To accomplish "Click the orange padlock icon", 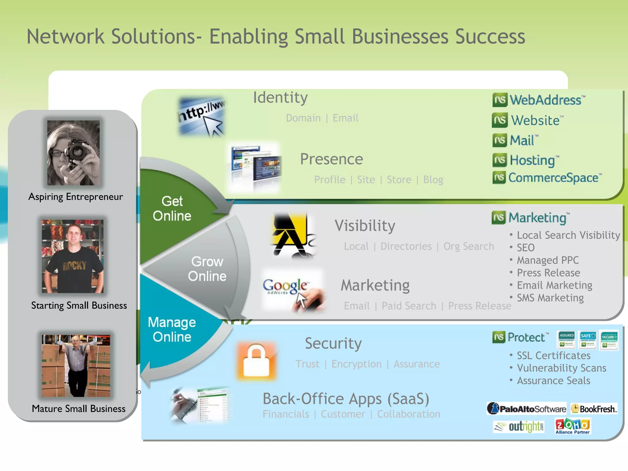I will point(256,361).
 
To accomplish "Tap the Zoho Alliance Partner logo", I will point(572,426).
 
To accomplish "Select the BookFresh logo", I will point(594,409).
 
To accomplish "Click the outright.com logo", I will point(519,427).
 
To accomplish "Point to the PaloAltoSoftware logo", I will point(527,408).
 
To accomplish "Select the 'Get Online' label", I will point(172,209).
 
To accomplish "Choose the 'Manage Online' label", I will point(172,330).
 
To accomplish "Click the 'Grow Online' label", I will point(207,269).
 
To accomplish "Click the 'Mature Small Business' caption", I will point(78,409).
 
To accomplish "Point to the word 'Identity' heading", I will point(280,98).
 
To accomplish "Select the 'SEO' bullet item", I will point(526,248).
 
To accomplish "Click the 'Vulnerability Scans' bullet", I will point(561,368).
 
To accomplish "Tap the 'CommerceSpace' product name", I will point(553,178).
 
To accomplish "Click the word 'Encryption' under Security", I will point(356,364).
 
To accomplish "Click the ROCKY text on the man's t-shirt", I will point(75,266).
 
